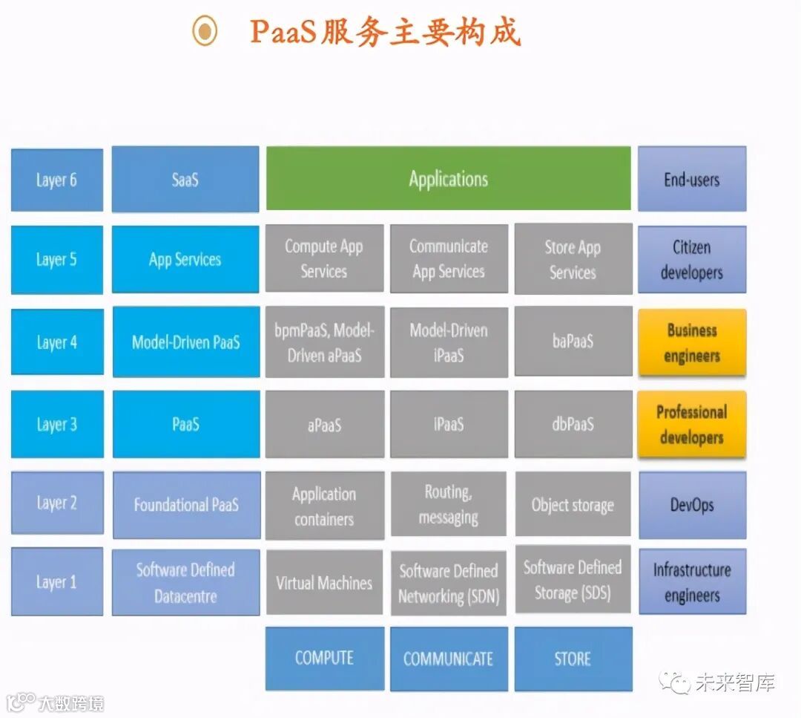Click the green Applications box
coord(448,179)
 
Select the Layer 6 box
coord(57,180)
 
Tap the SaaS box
coord(185,180)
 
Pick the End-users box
coord(691,179)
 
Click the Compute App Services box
coord(324,259)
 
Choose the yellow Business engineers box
coord(691,342)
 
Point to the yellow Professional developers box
coord(691,425)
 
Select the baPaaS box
coord(573,342)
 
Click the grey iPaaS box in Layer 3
coord(448,424)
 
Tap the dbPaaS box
coord(573,424)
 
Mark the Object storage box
coord(573,505)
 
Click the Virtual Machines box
coord(324,583)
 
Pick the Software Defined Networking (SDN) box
coord(448,583)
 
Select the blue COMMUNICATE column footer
coord(448,659)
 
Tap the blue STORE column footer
coord(573,659)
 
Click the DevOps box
coord(691,505)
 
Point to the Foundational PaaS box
coord(186,505)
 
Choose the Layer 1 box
coord(57,582)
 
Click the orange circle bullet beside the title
coord(204,31)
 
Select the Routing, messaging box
coord(448,505)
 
